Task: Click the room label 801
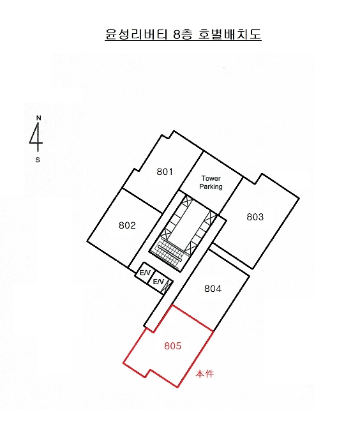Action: coord(165,172)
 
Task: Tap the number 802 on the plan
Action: coord(127,225)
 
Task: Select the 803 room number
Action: coord(255,217)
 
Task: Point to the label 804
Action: coord(213,289)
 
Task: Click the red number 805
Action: coord(173,346)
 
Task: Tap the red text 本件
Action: coord(204,374)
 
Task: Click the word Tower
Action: coord(211,178)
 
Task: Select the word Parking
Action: coord(211,186)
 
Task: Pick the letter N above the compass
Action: coord(39,118)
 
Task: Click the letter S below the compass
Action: coord(38,160)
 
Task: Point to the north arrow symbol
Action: coord(36,137)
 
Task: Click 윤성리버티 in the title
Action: coord(136,34)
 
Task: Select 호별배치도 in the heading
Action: coord(230,34)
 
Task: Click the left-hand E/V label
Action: coord(145,273)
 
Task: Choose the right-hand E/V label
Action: coord(158,282)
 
